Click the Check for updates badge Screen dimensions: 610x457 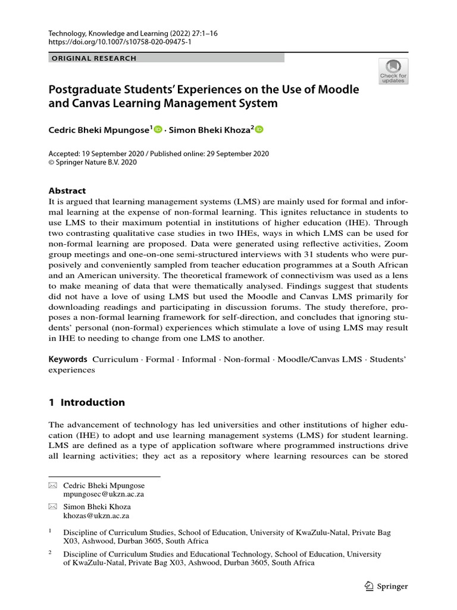point(393,71)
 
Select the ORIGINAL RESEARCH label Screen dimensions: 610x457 point(95,58)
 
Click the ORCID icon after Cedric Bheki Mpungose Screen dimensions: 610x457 point(158,129)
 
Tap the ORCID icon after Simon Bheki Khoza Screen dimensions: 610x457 point(259,129)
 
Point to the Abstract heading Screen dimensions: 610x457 point(67,191)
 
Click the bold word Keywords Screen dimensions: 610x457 point(68,359)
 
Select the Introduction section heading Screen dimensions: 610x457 point(87,402)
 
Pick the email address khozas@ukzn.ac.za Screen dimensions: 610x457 point(96,516)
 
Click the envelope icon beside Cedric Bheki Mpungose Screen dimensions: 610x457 point(52,485)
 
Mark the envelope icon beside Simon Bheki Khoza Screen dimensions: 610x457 point(52,507)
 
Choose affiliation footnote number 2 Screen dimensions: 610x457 point(50,552)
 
